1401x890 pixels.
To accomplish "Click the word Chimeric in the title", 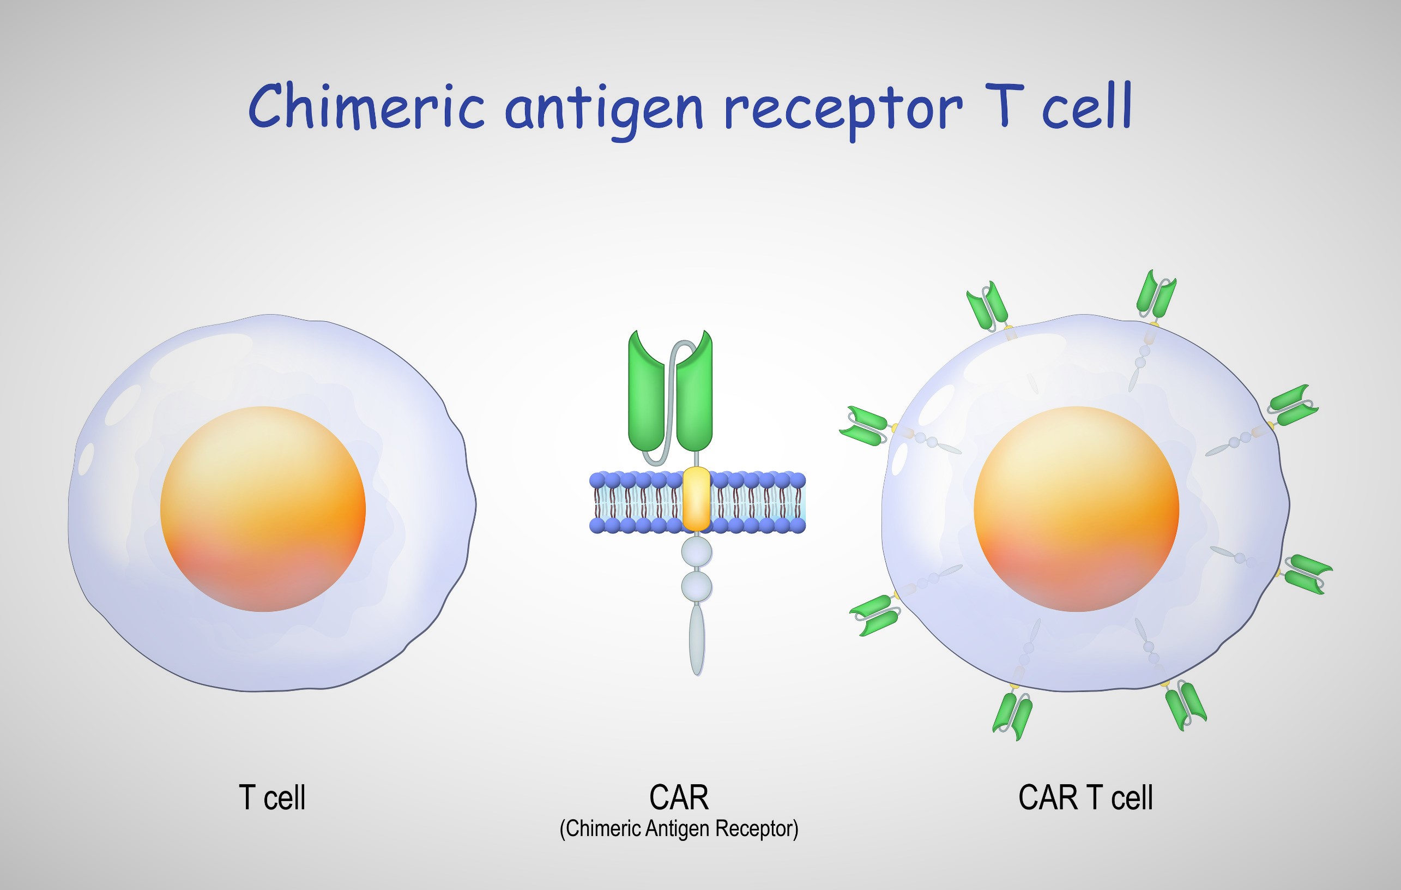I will click(366, 106).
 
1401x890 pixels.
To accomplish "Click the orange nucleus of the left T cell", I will click(263, 509).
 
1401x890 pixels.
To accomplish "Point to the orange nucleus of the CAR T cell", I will click(1076, 509).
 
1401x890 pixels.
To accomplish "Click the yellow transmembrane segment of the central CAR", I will click(697, 499).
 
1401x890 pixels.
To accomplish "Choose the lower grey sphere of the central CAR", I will click(697, 586).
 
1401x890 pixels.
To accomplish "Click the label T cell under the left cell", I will click(271, 797).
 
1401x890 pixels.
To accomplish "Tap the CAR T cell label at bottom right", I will click(1085, 797).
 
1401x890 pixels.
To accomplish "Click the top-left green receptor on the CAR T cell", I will click(987, 306).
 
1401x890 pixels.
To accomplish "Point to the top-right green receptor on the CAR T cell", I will click(1156, 294).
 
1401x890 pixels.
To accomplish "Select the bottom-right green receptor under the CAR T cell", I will click(1186, 706).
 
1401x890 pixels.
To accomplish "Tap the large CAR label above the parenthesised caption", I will click(679, 797).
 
